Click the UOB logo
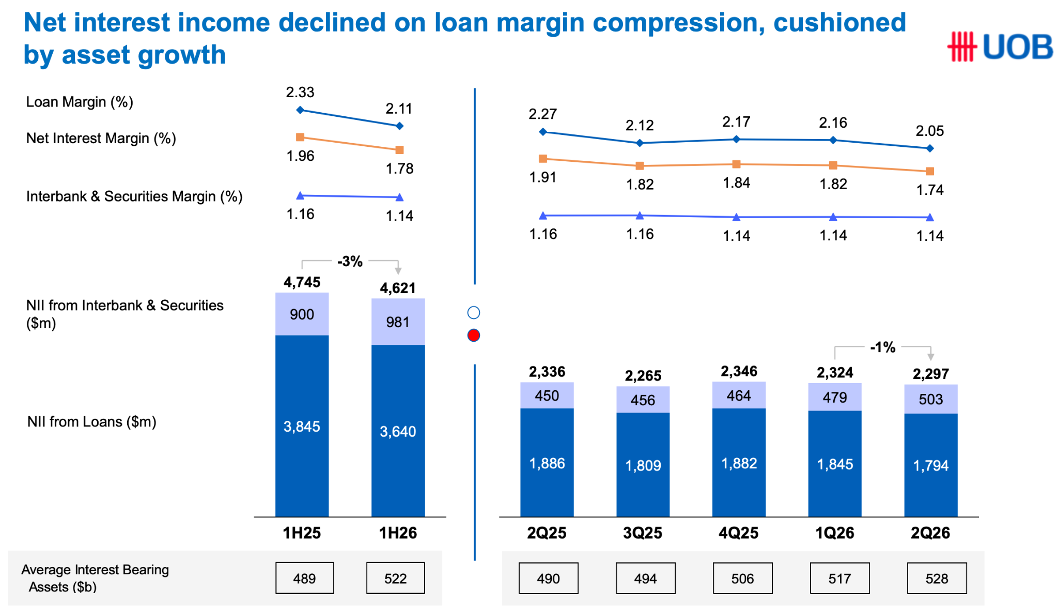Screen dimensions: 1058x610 (1000, 47)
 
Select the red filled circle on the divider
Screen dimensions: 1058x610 (473, 335)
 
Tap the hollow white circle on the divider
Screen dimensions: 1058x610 (473, 313)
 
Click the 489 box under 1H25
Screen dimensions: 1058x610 (304, 578)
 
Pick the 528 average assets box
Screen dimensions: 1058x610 (937, 578)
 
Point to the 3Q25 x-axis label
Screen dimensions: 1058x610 (643, 533)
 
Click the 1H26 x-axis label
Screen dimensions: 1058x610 (398, 533)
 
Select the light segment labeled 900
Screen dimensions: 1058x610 (302, 314)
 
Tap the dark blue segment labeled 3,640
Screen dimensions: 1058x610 (398, 431)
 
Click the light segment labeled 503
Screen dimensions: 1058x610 (930, 399)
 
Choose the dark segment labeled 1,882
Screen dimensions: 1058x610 (739, 463)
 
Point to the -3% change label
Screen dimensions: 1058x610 (350, 262)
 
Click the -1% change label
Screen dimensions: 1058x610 (882, 347)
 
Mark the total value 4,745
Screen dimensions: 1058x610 (302, 282)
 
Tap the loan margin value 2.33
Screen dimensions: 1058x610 (300, 92)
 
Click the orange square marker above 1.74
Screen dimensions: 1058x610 (930, 171)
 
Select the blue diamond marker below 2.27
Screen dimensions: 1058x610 (542, 132)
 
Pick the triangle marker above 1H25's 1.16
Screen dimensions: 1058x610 (300, 195)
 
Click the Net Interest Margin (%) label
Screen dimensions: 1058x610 (101, 139)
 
